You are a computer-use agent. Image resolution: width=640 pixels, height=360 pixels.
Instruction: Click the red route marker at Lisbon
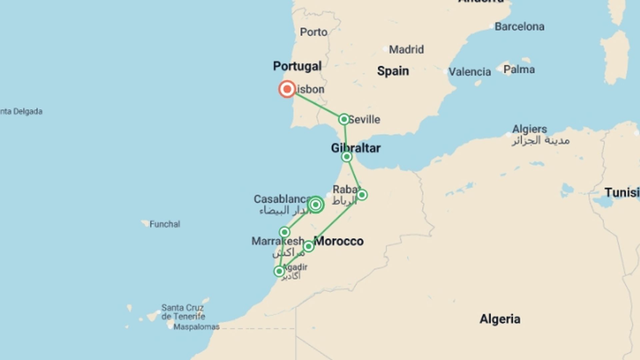[287, 89]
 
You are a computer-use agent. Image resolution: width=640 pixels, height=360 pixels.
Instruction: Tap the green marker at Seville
[344, 119]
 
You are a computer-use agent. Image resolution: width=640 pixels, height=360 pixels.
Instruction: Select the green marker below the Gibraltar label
[347, 157]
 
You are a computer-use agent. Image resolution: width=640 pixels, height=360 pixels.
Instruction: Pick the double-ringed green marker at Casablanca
[316, 205]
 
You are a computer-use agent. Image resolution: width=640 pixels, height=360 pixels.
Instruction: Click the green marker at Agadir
[279, 271]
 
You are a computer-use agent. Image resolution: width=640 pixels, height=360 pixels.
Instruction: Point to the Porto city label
[313, 32]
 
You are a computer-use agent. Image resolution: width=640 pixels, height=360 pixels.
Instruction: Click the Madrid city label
[406, 50]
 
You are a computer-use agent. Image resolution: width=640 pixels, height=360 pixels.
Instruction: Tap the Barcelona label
[519, 27]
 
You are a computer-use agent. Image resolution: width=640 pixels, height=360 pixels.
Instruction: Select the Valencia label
[469, 72]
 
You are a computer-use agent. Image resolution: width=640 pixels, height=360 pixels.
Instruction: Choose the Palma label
[519, 69]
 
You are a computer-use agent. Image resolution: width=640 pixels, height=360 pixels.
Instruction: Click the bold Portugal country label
[297, 66]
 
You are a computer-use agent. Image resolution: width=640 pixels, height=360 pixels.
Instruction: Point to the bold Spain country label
[393, 71]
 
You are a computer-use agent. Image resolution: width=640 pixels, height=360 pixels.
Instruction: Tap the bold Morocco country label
[339, 241]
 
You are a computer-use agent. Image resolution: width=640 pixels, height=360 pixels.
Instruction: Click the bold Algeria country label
[500, 319]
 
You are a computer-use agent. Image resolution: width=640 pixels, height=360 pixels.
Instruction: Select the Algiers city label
[529, 129]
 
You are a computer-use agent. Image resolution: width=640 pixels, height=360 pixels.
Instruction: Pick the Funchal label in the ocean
[165, 224]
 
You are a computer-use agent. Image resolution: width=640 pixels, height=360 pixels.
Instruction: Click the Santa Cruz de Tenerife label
[183, 312]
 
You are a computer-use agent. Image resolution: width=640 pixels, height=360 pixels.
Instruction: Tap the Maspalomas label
[196, 327]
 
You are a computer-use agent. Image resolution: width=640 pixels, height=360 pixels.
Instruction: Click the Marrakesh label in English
[277, 241]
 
